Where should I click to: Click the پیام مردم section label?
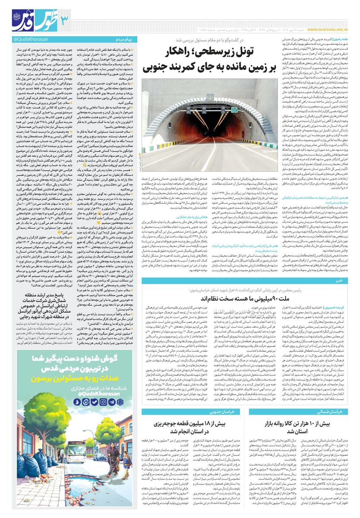[127, 40]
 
